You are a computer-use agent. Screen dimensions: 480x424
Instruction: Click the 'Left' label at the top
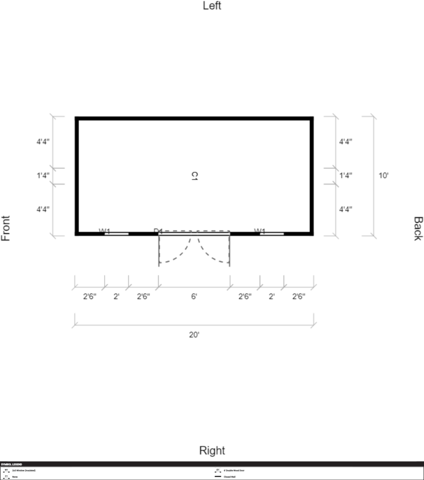[212, 6]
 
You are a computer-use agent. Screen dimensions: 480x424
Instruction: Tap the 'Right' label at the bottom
[212, 450]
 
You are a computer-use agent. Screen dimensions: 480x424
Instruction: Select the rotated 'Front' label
[6, 228]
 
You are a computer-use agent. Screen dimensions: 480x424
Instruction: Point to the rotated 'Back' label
[417, 228]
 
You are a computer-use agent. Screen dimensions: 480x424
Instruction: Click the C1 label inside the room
[195, 176]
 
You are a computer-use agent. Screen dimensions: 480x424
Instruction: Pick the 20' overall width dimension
[194, 335]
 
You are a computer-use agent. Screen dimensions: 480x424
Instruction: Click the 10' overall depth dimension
[384, 176]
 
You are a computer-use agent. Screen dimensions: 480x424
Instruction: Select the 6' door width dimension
[194, 296]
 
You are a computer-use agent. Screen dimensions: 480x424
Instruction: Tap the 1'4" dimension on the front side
[43, 176]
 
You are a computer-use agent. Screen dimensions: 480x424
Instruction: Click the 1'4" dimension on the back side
[346, 176]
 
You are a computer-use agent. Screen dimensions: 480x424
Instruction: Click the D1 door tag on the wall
[158, 231]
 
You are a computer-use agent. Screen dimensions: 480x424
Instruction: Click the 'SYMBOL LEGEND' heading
[11, 465]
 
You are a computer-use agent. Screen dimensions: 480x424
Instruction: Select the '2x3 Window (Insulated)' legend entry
[24, 470]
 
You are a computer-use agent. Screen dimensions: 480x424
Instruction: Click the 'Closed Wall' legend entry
[229, 477]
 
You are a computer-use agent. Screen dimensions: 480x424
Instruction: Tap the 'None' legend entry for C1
[15, 477]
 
